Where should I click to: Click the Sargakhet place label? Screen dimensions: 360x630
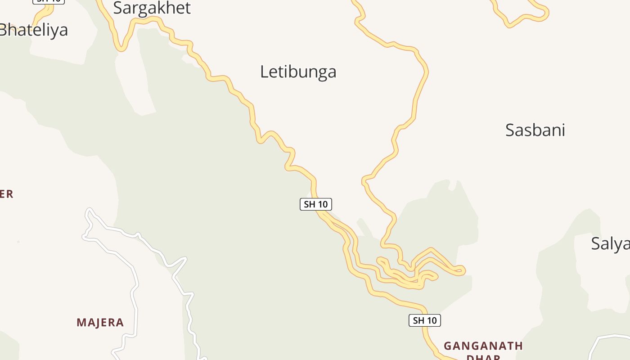152,8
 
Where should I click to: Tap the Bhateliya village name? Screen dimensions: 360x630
34,30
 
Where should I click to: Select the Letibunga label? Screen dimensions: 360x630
298,72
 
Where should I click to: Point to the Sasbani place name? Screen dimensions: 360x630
535,130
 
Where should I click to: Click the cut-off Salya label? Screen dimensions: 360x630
610,243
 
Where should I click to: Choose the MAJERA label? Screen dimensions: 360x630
100,323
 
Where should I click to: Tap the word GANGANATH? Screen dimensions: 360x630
483,346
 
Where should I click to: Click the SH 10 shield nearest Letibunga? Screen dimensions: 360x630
316,204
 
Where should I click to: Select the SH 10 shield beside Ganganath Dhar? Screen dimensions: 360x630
425,320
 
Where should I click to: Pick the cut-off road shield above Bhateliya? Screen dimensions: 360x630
49,1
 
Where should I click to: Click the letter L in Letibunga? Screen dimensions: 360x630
264,72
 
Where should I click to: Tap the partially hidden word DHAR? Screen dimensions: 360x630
483,357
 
